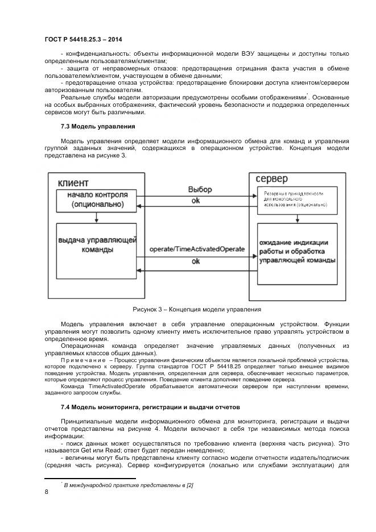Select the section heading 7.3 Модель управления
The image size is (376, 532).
(x=97, y=126)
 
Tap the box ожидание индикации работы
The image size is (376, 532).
(x=296, y=251)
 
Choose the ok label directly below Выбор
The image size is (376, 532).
(x=195, y=201)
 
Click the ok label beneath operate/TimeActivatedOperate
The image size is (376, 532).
(x=195, y=261)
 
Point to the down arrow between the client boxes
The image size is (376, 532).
(x=97, y=217)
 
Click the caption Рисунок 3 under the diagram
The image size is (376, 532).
(x=196, y=310)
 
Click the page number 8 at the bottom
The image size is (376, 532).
(x=46, y=493)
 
